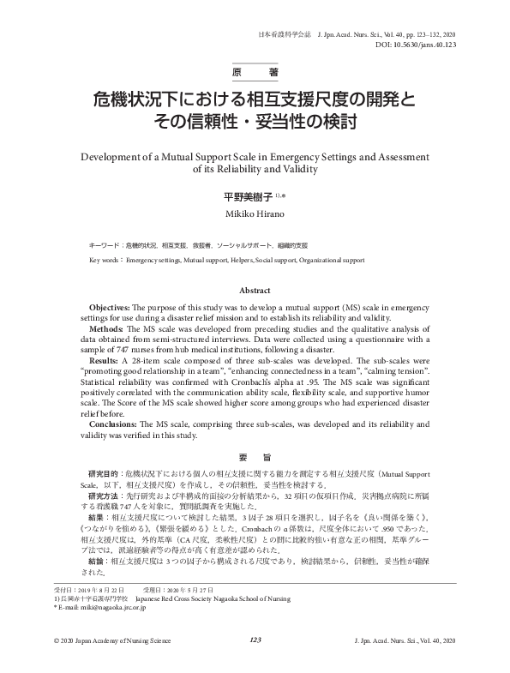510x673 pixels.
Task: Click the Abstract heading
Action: click(255, 291)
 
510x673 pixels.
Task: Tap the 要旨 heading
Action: click(255, 456)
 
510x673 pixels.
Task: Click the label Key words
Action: click(105, 259)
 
